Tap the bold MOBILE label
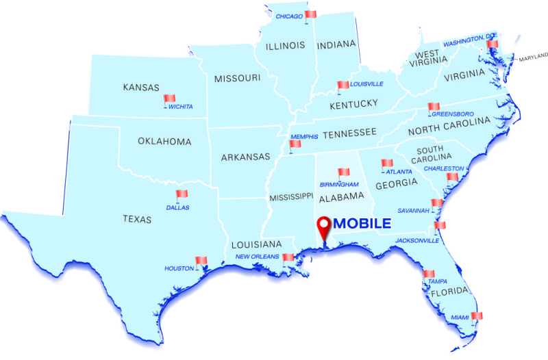362,223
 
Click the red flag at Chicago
311,14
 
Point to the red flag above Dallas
182,194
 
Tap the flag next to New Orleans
288,258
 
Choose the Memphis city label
304,137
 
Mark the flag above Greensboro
433,106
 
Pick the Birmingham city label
339,185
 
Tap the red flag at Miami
477,316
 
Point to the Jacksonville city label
417,240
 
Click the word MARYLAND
534,59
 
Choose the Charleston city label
443,168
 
